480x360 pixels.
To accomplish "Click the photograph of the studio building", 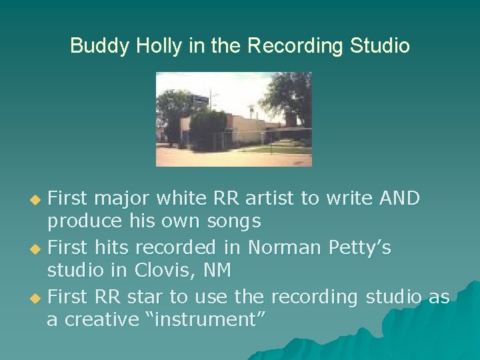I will pyautogui.click(x=233, y=119).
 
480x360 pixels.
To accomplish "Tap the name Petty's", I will pyautogui.click(x=360, y=247).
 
